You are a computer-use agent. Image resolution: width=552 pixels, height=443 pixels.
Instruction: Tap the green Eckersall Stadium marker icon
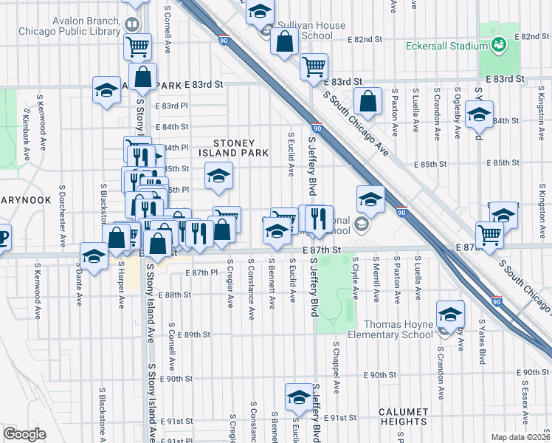tap(500, 44)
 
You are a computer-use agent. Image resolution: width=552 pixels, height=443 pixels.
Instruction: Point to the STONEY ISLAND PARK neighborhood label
tap(234, 148)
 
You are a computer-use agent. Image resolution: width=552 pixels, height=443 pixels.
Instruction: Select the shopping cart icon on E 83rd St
tap(314, 66)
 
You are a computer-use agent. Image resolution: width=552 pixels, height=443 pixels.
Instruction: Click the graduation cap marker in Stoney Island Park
tap(218, 176)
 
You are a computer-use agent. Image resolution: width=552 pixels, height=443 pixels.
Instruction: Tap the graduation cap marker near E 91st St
tap(298, 396)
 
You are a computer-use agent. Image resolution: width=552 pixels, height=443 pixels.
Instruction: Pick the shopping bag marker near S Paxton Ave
tap(368, 100)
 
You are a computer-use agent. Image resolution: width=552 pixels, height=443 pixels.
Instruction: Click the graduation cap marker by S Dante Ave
tap(94, 256)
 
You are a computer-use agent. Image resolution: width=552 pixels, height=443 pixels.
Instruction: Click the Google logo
tap(24, 434)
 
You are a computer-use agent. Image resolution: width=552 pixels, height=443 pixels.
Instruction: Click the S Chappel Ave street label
tap(337, 366)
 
